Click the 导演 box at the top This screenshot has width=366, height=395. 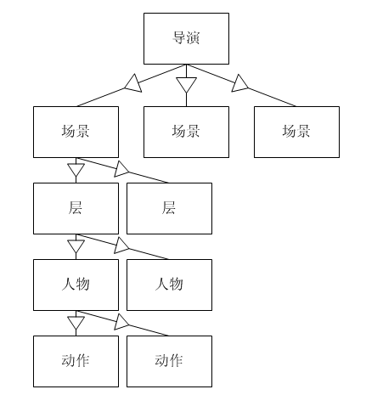186,38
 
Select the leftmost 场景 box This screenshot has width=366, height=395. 76,132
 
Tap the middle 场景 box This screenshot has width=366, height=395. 186,132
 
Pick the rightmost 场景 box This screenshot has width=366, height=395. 296,132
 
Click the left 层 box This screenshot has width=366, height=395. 76,208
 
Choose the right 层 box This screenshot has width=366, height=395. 169,208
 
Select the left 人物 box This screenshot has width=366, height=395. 76,285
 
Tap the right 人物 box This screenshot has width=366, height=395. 169,285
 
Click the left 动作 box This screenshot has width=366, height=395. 76,361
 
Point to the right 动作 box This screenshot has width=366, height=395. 169,361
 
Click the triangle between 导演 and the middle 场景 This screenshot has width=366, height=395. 186,85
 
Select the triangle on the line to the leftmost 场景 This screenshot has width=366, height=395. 133,84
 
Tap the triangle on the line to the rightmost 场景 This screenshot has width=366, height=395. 239,84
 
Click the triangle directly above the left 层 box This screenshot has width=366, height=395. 76,170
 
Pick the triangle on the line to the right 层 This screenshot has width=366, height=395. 121,170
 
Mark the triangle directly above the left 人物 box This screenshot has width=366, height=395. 76,246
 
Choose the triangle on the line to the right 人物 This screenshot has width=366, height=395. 121,246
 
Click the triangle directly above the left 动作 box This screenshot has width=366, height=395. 76,323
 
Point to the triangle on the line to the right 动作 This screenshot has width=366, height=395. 121,323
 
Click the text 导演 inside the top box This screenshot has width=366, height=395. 186,38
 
